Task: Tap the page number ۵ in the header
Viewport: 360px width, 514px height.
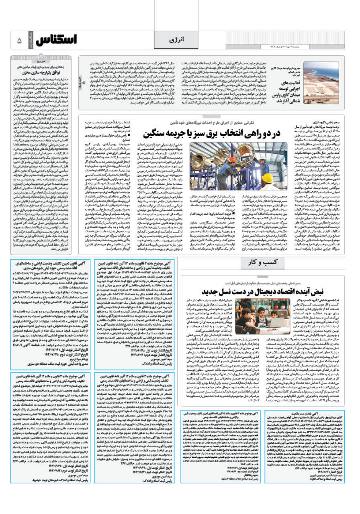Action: [19, 41]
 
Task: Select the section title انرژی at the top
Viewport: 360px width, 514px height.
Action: [180, 41]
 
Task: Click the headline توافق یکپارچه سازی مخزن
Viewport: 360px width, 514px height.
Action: [47, 74]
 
